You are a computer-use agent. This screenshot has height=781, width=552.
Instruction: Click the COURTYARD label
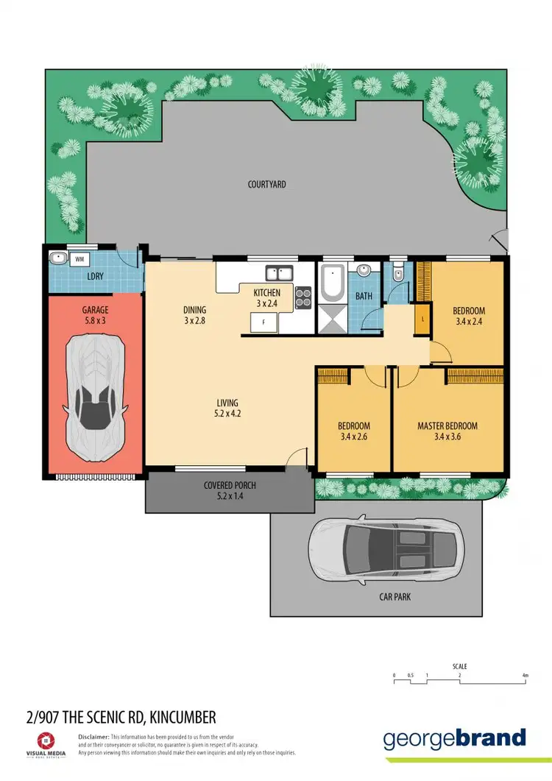click(266, 184)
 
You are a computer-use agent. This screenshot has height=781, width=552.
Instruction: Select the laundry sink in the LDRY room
click(57, 258)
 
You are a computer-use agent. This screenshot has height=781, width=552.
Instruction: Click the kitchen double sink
click(280, 274)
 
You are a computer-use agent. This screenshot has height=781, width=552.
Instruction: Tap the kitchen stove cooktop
click(303, 297)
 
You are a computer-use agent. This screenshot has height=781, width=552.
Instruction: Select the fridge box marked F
click(262, 322)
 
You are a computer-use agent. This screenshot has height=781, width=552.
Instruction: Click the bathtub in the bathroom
click(332, 283)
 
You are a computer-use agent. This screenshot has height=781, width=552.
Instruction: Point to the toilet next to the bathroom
click(397, 275)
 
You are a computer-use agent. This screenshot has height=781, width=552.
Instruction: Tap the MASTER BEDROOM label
click(447, 426)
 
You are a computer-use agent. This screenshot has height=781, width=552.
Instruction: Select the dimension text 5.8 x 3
click(95, 322)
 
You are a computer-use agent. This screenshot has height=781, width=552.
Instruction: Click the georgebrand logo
click(454, 738)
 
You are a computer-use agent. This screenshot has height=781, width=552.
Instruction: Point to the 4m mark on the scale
click(525, 675)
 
